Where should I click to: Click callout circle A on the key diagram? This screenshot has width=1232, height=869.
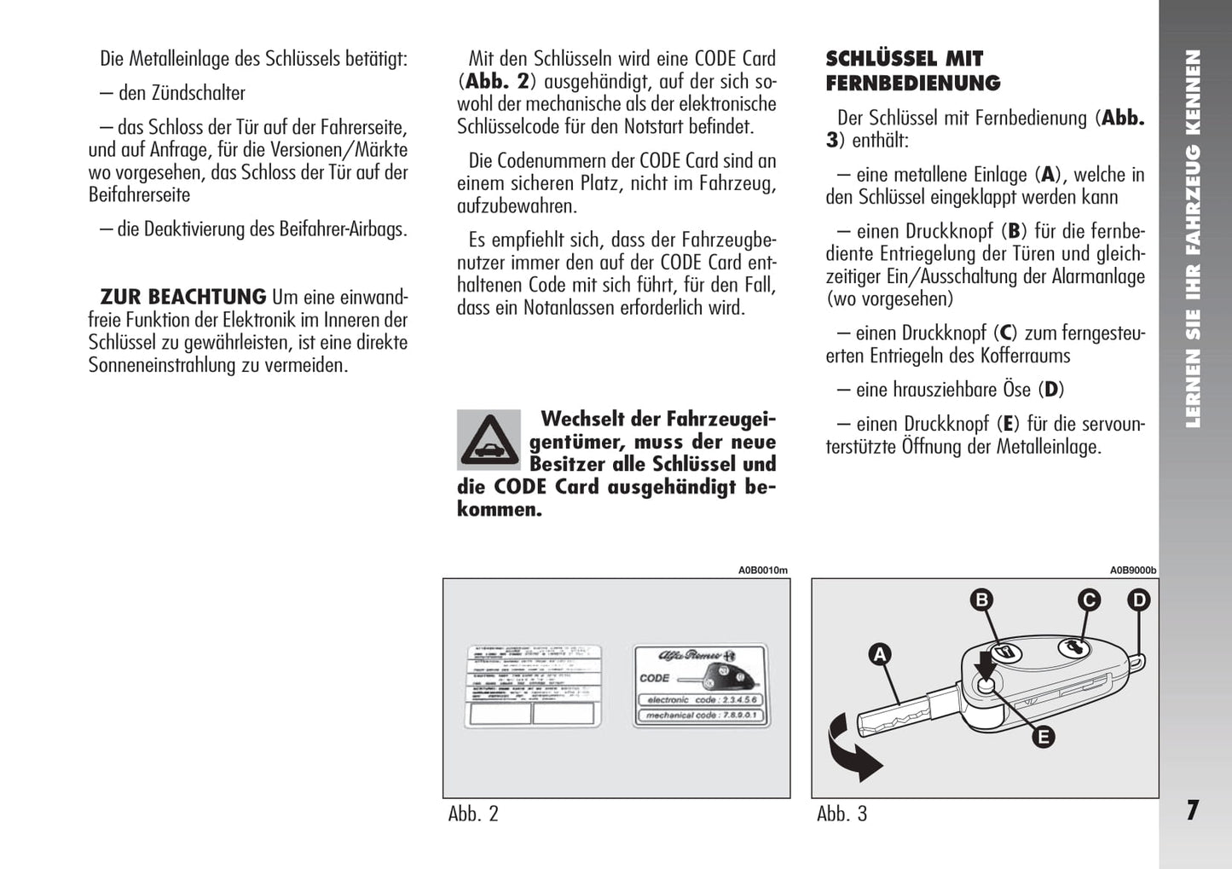coord(879,655)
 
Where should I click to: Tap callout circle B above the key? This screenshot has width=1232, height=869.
coord(981,600)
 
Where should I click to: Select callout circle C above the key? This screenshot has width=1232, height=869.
coord(1089,600)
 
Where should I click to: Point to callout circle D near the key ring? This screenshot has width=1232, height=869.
coord(1139,600)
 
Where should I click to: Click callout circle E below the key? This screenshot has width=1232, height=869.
coord(1043,737)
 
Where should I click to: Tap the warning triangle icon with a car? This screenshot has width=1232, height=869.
coord(489,440)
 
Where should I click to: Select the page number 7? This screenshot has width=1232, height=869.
coord(1193,810)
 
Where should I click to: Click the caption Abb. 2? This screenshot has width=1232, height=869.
coord(473,814)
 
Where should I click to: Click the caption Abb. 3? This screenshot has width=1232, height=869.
coord(842,814)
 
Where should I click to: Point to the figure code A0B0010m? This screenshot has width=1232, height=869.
coord(762,571)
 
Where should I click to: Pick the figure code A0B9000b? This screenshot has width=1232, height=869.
coord(1132,571)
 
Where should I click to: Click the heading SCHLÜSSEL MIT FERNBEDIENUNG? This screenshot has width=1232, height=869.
coord(912,71)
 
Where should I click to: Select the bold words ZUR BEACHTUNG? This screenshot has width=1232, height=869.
coord(183,297)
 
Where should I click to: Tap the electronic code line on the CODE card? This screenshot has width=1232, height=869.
coord(701,699)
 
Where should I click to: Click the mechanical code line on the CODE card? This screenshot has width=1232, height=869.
coord(701,715)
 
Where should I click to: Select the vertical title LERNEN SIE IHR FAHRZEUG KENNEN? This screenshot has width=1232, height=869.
coord(1193,239)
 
